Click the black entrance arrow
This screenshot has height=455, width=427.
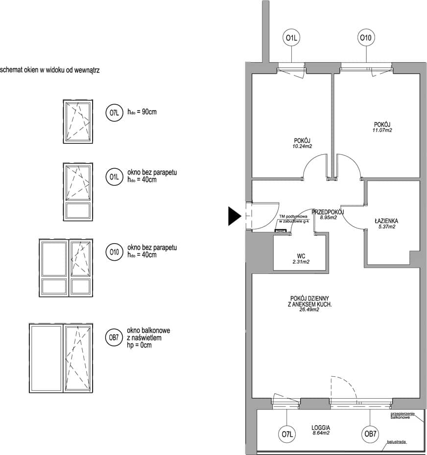tap(234, 216)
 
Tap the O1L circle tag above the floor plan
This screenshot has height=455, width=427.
tap(291, 38)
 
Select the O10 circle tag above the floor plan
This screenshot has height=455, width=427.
tap(366, 38)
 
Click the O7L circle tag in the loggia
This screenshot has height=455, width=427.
tap(286, 434)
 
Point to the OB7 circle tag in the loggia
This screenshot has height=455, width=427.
tap(370, 434)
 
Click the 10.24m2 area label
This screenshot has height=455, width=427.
tap(302, 146)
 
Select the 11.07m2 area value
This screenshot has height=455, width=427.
tap(382, 130)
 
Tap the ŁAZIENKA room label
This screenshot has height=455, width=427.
tap(386, 221)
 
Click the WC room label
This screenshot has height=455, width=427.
tap(301, 256)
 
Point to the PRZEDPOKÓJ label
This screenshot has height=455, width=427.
tap(328, 212)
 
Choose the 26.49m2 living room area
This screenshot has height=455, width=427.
tap(309, 310)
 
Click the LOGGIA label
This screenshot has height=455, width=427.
tap(321, 428)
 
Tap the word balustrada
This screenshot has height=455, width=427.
tap(396, 442)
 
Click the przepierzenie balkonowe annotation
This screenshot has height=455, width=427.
tap(403, 415)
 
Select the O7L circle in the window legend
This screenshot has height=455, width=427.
tap(114, 113)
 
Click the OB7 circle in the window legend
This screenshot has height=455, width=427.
tap(114, 338)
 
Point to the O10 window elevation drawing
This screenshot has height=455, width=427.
tap(66, 268)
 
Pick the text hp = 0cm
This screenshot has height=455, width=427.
tap(139, 345)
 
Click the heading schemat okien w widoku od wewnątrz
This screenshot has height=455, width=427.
tap(49, 70)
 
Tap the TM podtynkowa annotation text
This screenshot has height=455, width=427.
tap(293, 216)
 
